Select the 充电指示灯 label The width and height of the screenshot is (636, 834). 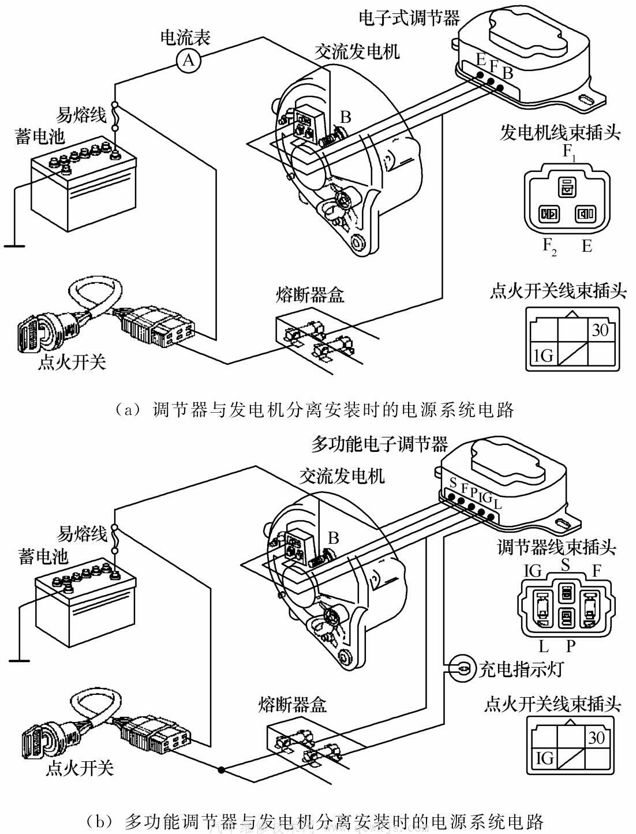point(521,669)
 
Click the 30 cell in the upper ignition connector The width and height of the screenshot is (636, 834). point(600,331)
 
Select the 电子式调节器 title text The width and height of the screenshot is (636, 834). point(409,17)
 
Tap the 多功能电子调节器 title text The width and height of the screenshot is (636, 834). point(379,444)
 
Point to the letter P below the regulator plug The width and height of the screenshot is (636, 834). point(570,644)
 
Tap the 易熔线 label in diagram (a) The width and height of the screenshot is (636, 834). point(82,115)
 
